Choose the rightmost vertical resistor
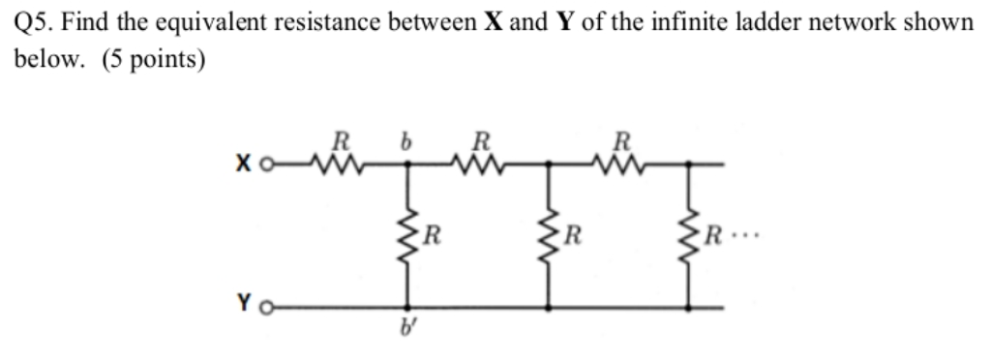(689, 234)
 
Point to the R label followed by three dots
(715, 234)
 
